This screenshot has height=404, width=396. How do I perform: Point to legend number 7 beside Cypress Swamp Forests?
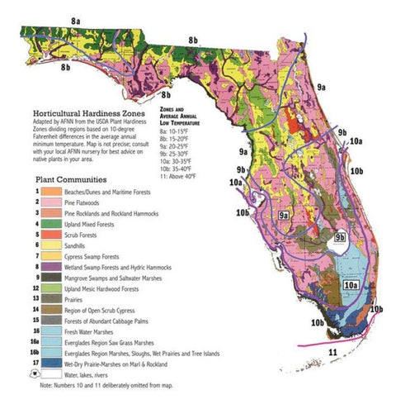37,257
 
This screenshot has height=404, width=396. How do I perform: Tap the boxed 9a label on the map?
285,215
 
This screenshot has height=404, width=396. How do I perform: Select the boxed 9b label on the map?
341,237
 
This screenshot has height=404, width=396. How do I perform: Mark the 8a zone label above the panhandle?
75,18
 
